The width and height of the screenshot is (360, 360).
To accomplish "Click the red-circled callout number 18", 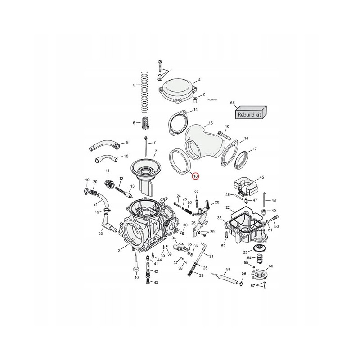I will [195, 176].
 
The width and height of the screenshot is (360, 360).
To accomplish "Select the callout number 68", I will [233, 103].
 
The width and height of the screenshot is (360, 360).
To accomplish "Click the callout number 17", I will [255, 149].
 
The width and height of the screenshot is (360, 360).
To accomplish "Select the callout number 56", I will [271, 266].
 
